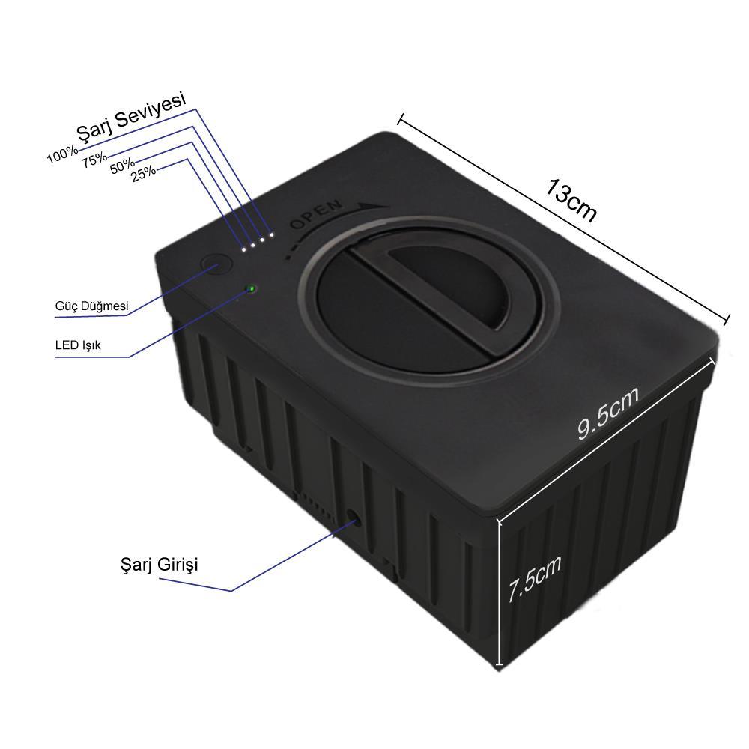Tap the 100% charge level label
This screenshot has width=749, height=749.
click(61, 155)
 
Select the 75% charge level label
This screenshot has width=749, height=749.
click(94, 159)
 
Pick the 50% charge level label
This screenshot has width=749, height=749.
click(122, 166)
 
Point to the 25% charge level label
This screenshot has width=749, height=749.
click(144, 172)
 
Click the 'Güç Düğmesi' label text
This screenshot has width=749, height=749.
click(92, 306)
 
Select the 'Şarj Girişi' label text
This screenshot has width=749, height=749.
click(160, 564)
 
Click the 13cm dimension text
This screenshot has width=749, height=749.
click(571, 200)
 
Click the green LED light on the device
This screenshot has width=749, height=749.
click(252, 288)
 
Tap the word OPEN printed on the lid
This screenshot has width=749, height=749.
click(316, 215)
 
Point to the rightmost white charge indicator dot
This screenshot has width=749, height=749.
click(271, 234)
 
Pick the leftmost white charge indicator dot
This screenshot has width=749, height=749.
click(244, 248)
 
